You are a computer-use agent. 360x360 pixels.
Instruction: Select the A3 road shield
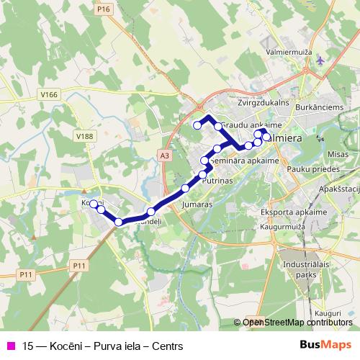(166, 154)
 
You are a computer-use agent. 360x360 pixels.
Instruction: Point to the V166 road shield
(49, 94)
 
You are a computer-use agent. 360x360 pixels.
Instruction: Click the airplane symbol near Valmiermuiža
(320, 60)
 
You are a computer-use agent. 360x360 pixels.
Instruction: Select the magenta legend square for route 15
(10, 346)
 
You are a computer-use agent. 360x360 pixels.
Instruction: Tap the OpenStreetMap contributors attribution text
(297, 322)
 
